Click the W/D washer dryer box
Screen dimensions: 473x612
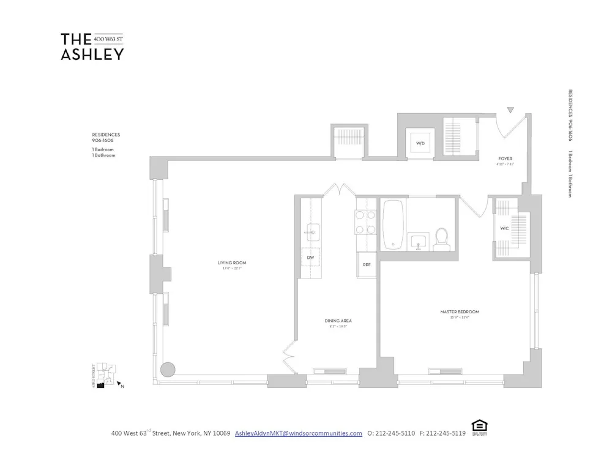(420, 144)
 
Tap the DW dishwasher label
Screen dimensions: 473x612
(310, 258)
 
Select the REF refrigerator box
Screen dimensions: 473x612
(367, 265)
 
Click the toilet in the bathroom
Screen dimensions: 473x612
(441, 239)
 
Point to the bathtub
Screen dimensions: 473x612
(393, 225)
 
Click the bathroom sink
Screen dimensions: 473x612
(419, 240)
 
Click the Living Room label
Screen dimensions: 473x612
(232, 263)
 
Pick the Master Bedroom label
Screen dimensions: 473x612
(460, 311)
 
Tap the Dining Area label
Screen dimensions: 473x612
(338, 321)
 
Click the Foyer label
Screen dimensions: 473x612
(505, 158)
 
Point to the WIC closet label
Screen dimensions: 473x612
(504, 228)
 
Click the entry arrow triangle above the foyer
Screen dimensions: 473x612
(510, 111)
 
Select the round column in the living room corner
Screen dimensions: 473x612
(167, 370)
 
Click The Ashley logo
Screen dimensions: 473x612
(92, 47)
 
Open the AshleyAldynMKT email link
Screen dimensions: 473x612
(299, 433)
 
